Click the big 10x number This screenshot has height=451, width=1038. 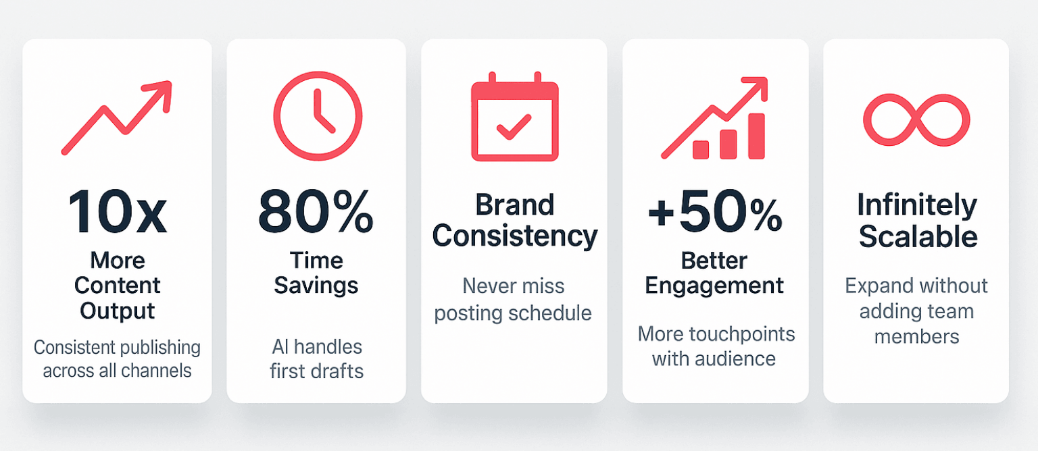117,212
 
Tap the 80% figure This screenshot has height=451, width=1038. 316,212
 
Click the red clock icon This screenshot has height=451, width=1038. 317,116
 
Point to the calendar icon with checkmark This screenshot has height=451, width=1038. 514,117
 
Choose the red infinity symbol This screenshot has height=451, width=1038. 916,120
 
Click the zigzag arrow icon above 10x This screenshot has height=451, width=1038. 117,117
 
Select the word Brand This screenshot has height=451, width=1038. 514,205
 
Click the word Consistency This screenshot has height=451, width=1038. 514,236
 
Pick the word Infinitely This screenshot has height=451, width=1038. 916,205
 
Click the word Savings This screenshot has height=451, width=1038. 316,285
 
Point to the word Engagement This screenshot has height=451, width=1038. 714,285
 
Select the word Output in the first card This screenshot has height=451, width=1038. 118,311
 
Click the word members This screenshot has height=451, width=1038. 916,336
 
